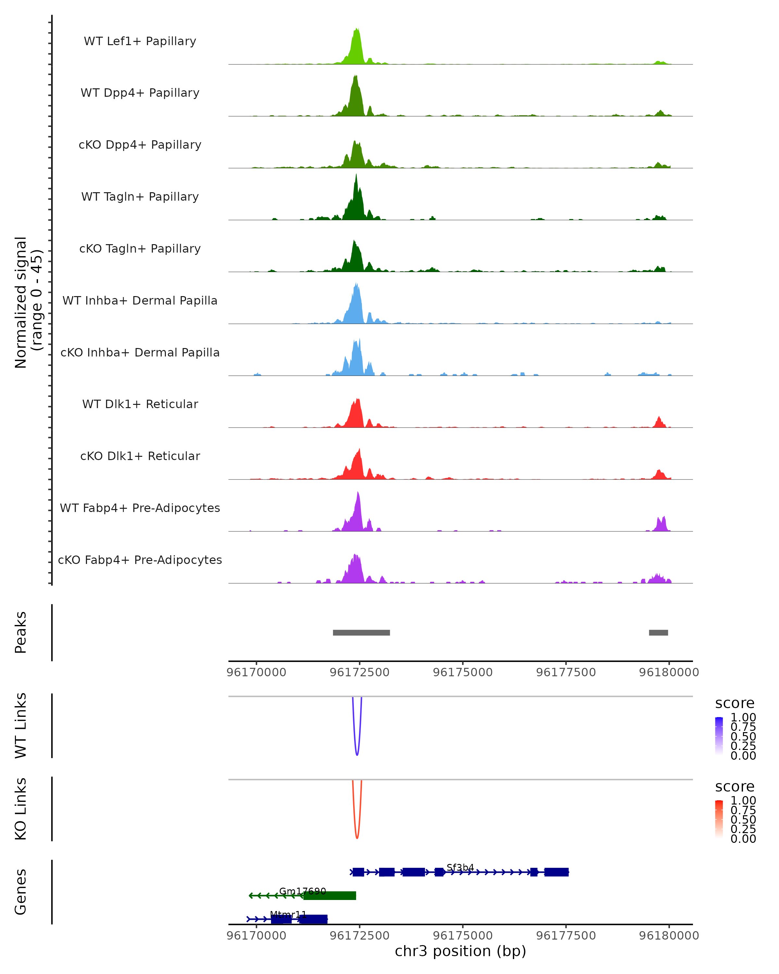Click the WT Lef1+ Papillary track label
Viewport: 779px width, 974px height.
pos(140,41)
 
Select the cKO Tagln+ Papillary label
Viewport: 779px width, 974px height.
pos(140,248)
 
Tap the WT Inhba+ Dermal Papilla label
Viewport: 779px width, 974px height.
pos(140,300)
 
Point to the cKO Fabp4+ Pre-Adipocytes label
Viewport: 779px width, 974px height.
pos(140,560)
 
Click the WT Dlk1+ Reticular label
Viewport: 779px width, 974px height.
pos(140,404)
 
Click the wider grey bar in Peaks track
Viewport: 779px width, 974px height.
pos(361,632)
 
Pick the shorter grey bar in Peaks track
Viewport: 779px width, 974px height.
pos(659,632)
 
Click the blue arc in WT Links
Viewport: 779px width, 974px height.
pos(357,754)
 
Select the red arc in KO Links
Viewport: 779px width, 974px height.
pos(357,837)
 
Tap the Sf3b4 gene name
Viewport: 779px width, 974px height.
pos(460,868)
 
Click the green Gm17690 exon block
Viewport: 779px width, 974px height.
pos(330,895)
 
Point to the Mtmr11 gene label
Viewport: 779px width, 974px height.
pos(288,914)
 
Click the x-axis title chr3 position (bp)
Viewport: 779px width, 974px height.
pos(460,951)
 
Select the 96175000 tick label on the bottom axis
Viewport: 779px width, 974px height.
pos(463,935)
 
